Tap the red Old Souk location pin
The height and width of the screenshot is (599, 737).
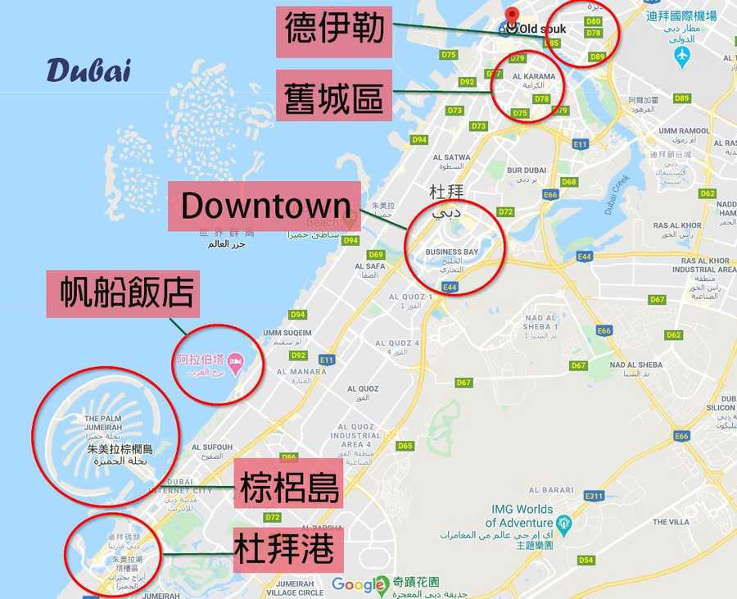point(513,17)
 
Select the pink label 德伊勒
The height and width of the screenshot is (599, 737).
point(333,30)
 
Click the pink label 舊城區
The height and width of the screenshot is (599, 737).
point(333,95)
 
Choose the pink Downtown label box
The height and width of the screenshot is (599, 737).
point(264,206)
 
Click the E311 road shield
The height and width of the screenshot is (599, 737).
point(594,496)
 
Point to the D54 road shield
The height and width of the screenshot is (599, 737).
point(586,560)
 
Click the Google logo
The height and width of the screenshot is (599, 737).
point(359,585)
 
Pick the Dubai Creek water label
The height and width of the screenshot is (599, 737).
point(620,195)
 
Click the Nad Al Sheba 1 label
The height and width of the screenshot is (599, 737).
point(540,322)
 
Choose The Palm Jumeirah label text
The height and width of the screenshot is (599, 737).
point(103,423)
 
